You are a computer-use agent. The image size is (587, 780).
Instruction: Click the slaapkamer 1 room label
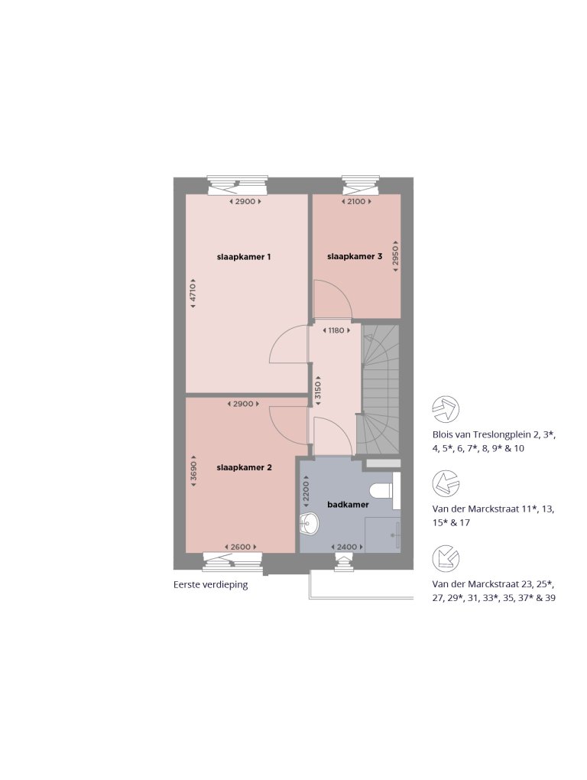click(244, 257)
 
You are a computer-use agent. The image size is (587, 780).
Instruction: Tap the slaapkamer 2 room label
click(244, 467)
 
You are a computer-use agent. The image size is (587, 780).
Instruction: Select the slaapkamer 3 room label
click(355, 257)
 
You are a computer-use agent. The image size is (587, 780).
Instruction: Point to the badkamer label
click(348, 505)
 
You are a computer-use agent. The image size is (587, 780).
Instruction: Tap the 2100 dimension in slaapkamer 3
click(357, 202)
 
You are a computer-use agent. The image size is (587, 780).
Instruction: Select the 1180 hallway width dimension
click(336, 330)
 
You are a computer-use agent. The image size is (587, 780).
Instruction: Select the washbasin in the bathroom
click(310, 524)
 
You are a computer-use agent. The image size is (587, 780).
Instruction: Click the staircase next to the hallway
click(380, 390)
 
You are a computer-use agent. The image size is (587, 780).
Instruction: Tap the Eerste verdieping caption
click(211, 585)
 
